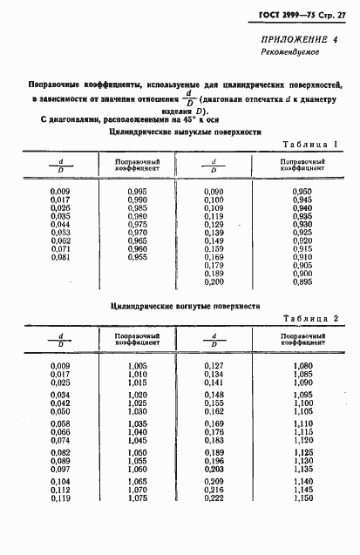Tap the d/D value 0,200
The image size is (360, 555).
click(x=214, y=283)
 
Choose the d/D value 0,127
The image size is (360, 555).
click(x=214, y=366)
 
